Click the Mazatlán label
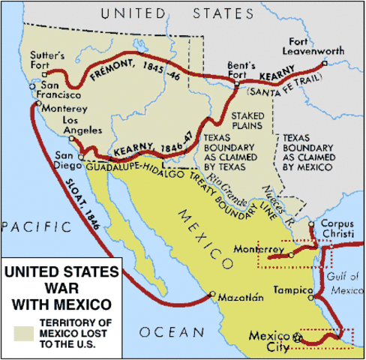241,298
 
